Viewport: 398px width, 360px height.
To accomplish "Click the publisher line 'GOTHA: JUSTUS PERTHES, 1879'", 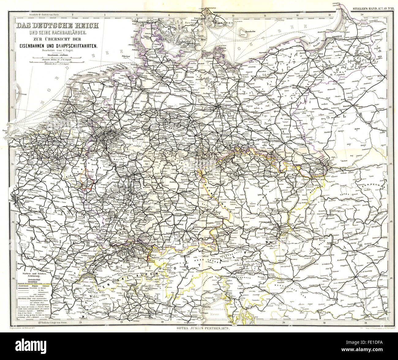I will coord(203,328).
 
